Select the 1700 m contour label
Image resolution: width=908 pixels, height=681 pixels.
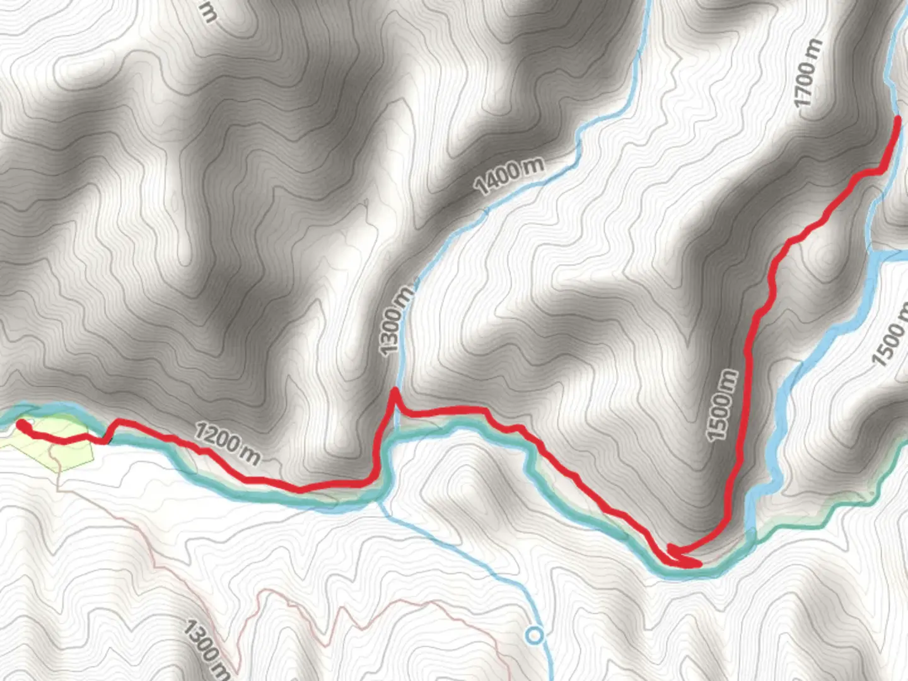[809, 73]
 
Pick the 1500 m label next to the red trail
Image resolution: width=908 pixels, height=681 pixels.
[721, 405]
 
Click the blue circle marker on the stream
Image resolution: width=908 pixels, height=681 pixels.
[535, 635]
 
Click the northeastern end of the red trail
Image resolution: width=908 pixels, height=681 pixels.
[897, 119]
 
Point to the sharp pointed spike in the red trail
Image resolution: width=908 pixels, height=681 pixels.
[394, 392]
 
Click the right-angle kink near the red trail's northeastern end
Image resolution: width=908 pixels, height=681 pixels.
[880, 170]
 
